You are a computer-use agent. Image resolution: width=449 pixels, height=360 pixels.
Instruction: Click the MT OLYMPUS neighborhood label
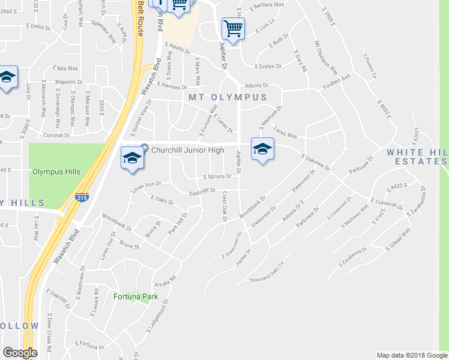(228, 97)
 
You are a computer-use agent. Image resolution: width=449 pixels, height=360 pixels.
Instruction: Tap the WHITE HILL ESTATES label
(417, 157)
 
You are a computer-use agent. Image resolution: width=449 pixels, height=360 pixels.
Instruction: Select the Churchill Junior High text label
(188, 150)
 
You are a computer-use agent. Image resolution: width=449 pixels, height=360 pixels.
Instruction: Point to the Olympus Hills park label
(57, 172)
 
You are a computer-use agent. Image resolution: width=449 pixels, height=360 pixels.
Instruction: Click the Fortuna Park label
(131, 296)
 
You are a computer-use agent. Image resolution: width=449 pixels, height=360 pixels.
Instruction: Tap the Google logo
(20, 353)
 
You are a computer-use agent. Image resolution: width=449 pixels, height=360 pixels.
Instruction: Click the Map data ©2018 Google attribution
(411, 355)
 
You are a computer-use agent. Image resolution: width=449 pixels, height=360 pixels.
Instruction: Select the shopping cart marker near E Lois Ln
(232, 28)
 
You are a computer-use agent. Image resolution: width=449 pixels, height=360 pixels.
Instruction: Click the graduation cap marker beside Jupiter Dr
(262, 149)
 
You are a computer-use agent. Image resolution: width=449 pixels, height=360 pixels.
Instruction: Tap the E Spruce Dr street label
(217, 177)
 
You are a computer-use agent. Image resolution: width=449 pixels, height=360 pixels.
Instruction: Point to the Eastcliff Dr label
(202, 191)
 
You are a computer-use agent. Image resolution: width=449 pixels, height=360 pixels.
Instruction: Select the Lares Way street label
(286, 132)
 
